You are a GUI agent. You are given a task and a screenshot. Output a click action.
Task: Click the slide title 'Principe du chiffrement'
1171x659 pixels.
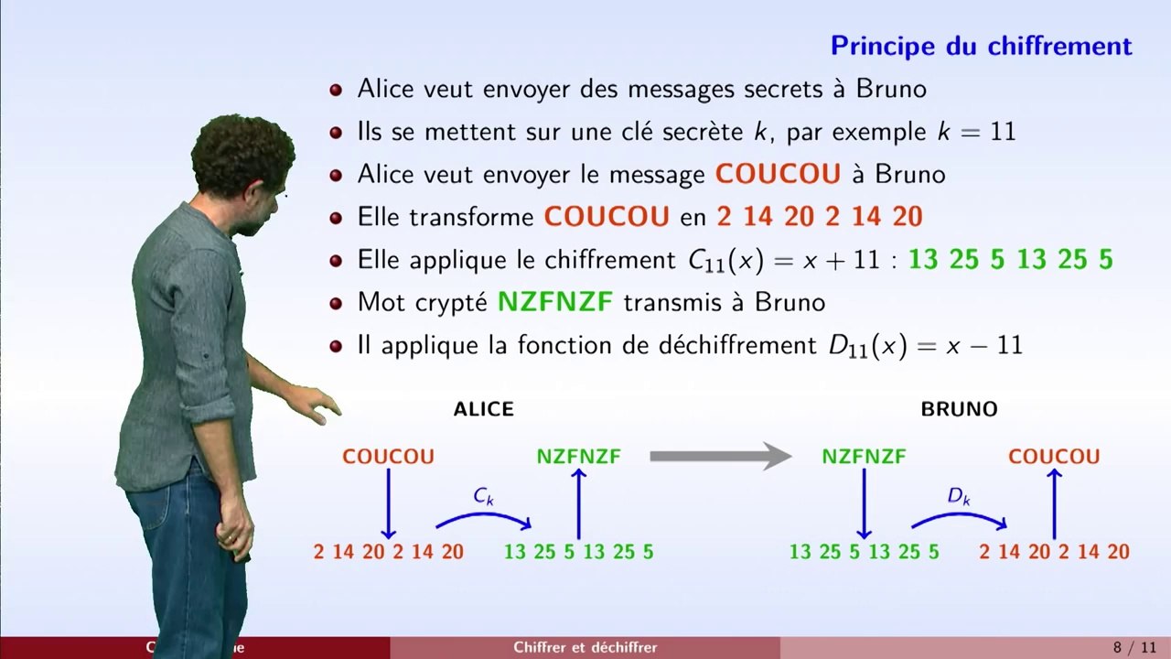[x=981, y=46]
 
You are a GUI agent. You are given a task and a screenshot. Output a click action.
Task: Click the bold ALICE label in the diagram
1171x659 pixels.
[x=483, y=410]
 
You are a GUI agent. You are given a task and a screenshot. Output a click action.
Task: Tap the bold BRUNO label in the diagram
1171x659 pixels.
[x=959, y=410]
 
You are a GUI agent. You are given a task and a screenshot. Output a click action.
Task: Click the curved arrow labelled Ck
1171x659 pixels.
[x=484, y=515]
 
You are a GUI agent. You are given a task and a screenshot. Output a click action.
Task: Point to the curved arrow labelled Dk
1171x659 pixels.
[x=959, y=515]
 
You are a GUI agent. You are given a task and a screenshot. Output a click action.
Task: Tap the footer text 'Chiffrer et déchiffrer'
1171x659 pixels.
[x=585, y=648]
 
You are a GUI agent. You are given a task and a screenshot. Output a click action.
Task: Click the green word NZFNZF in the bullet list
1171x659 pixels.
[x=555, y=302]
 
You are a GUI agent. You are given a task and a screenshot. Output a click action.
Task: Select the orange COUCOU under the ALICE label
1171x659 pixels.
[x=388, y=457]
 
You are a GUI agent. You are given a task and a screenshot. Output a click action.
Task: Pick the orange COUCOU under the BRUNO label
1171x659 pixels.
[x=1054, y=457]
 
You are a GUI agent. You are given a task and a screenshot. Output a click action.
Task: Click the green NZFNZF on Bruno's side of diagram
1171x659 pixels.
[x=864, y=457]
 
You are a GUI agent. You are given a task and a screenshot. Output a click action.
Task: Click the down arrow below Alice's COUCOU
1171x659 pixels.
[x=388, y=503]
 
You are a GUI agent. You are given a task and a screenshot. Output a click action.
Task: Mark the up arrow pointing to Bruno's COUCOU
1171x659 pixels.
[x=1054, y=503]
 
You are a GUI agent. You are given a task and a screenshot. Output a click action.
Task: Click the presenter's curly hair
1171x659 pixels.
[x=242, y=151]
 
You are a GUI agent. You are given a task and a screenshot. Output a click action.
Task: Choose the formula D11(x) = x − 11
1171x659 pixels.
[x=919, y=345]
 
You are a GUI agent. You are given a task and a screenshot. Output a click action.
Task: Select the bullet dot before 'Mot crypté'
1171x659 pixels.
[x=336, y=303]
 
